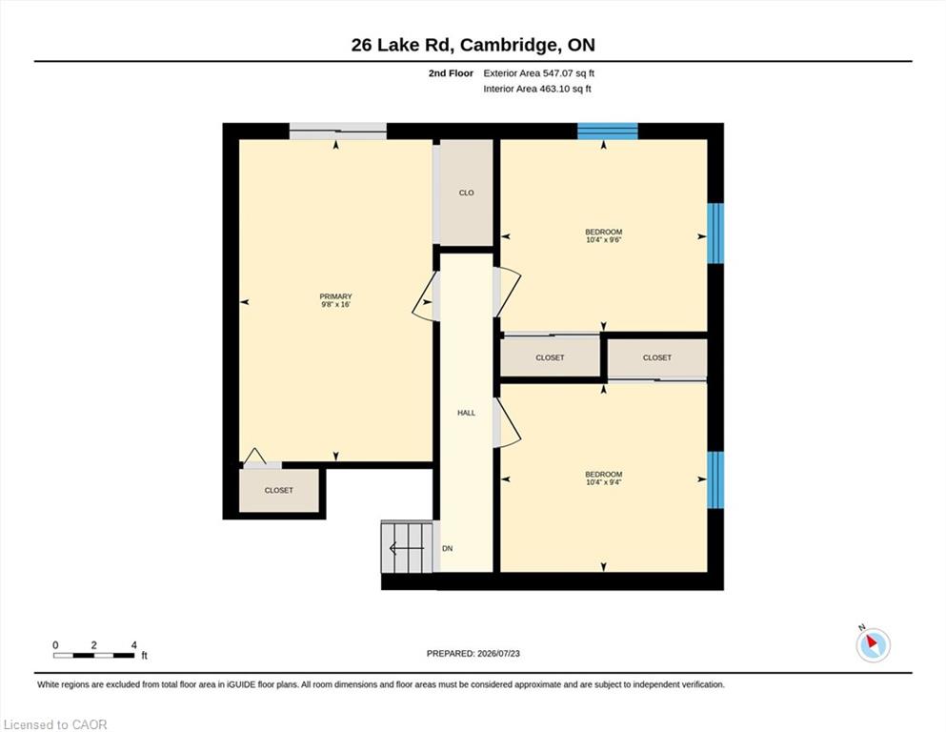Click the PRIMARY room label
click(335, 296)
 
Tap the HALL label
click(467, 413)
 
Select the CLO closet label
click(467, 193)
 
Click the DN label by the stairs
click(447, 549)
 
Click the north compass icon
click(873, 644)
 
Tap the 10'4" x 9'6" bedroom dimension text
click(603, 239)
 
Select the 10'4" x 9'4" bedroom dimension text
click(603, 482)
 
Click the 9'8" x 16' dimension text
click(335, 305)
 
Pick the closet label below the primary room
click(279, 490)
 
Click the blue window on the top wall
click(608, 131)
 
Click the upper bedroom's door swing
click(507, 292)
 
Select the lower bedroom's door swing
click(507, 422)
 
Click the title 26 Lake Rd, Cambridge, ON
click(473, 45)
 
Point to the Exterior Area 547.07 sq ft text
click(539, 73)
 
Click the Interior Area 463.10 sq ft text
click(537, 89)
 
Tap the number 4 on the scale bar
click(134, 645)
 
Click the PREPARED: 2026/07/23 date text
click(473, 653)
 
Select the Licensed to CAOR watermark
click(55, 724)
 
